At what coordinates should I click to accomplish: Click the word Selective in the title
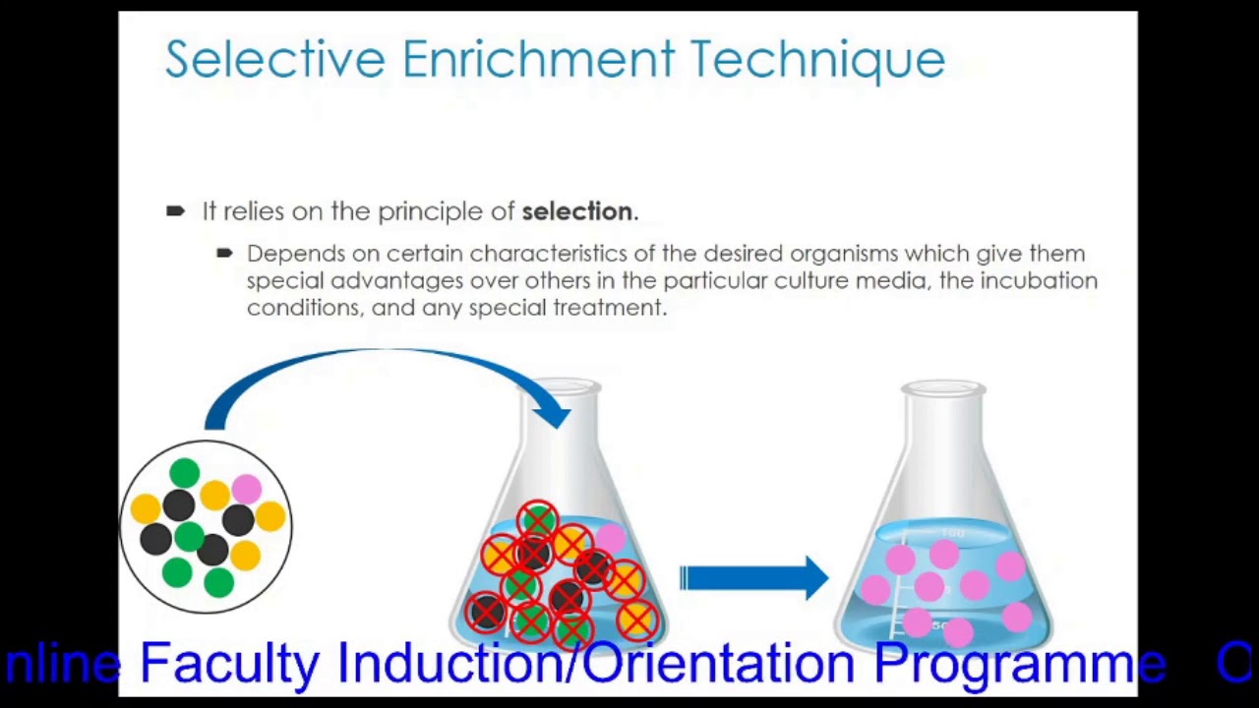[274, 60]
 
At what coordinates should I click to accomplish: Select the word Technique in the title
[817, 60]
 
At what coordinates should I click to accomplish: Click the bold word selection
[577, 211]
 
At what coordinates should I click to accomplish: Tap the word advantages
[396, 281]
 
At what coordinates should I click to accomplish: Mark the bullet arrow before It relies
[176, 210]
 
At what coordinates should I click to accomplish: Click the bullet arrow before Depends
[224, 254]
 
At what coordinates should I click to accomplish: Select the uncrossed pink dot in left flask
[610, 537]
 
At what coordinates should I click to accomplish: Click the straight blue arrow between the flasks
[753, 578]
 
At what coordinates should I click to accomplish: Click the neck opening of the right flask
[943, 389]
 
